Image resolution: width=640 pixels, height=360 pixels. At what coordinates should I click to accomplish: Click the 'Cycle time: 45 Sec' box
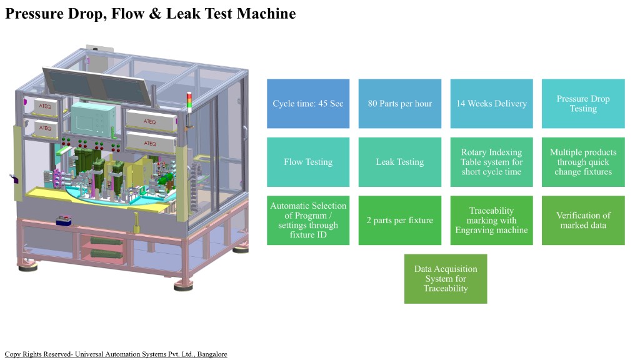(308, 104)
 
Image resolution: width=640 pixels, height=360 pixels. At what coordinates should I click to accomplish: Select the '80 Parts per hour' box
(400, 104)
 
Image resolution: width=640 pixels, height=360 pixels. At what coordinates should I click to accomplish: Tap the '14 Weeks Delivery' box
(491, 104)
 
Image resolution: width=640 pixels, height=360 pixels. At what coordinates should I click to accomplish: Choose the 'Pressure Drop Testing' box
(582, 104)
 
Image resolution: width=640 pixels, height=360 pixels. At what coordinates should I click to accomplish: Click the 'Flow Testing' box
(308, 162)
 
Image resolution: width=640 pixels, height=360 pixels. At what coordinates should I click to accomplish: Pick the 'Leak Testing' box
(400, 162)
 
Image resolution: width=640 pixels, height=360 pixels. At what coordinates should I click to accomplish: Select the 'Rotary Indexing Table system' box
(491, 162)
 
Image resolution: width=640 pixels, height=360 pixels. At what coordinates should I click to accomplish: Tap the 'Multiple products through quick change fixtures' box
(582, 162)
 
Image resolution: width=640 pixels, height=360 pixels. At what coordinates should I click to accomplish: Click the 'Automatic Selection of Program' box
(308, 220)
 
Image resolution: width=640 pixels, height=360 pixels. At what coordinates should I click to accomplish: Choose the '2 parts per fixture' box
(400, 220)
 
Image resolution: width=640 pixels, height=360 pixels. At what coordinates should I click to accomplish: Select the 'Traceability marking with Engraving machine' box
(491, 220)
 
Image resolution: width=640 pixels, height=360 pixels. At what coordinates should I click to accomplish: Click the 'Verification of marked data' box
(582, 220)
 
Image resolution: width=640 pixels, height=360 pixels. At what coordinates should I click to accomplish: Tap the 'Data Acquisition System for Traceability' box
(446, 279)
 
